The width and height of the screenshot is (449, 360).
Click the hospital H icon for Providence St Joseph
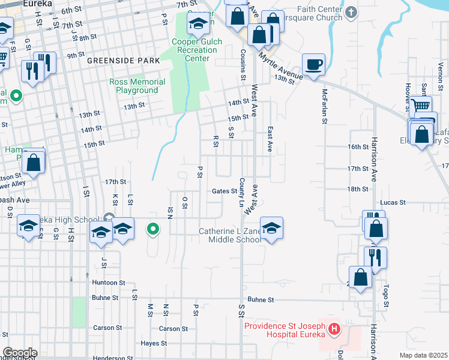[334, 329]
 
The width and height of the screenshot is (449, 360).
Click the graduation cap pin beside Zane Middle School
[271, 228]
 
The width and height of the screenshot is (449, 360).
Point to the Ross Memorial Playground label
[137, 86]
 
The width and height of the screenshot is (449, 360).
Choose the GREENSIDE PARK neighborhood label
[123, 61]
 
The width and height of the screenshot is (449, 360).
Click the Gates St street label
[224, 191]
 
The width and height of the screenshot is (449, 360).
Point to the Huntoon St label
[109, 282]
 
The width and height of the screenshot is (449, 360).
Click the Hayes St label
[154, 343]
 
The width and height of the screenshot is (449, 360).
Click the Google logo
[20, 353]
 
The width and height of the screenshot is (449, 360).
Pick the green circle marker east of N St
[153, 229]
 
